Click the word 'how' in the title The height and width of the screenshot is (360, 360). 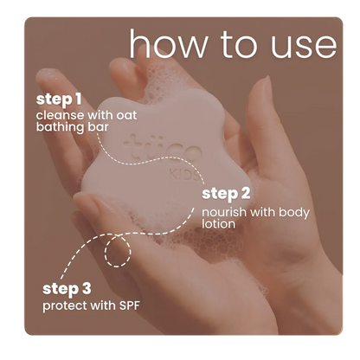pyautogui.click(x=168, y=43)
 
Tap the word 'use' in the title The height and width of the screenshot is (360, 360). pyautogui.click(x=304, y=46)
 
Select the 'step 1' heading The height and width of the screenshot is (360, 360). pyautogui.click(x=59, y=100)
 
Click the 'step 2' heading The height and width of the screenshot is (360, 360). pyautogui.click(x=226, y=194)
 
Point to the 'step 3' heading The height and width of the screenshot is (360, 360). pyautogui.click(x=67, y=289)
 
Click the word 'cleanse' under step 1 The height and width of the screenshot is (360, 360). pyautogui.click(x=60, y=115)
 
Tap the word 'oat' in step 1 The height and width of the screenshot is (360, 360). pyautogui.click(x=126, y=116)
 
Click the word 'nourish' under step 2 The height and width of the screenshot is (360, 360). pyautogui.click(x=224, y=212)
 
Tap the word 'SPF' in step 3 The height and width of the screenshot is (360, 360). pyautogui.click(x=129, y=305)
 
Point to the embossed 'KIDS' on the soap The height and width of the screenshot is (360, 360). pyautogui.click(x=183, y=175)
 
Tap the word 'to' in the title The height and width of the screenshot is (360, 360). pyautogui.click(x=239, y=45)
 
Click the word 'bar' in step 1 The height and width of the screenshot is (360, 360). pyautogui.click(x=98, y=127)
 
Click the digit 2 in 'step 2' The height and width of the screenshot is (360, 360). pyautogui.click(x=245, y=194)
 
